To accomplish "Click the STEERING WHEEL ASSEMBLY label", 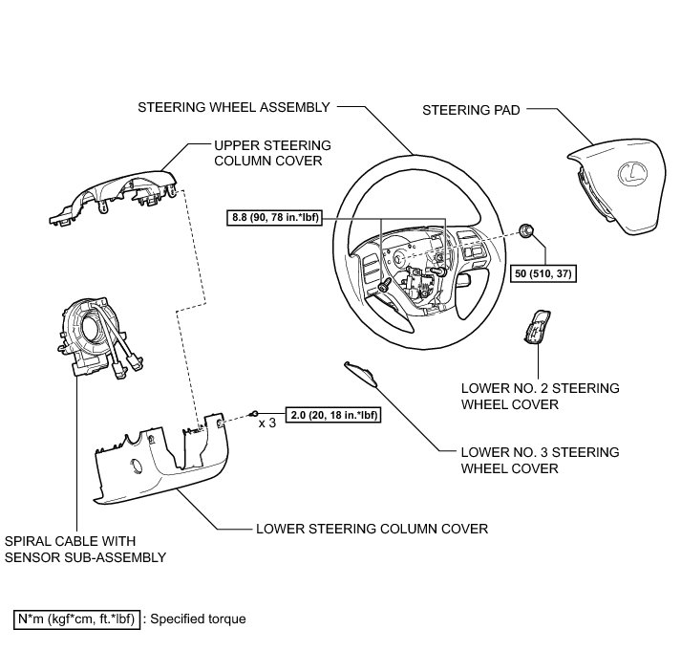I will coord(233,106).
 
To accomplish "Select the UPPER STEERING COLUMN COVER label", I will coord(272,152).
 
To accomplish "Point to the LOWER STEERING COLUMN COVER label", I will coord(372,527).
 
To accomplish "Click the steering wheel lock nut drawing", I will coord(525,229).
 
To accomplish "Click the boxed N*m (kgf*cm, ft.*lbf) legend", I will coord(76,618).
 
